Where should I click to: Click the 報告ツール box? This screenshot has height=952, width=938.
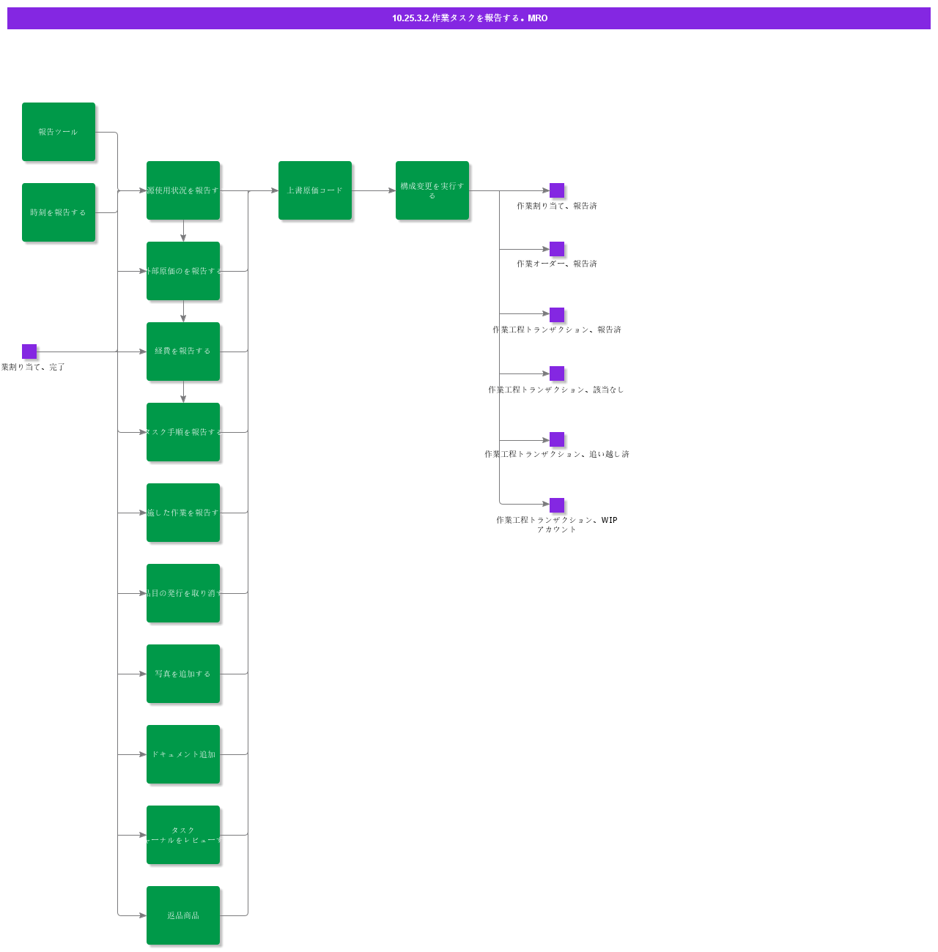[x=59, y=132]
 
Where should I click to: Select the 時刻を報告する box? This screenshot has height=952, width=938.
[x=59, y=212]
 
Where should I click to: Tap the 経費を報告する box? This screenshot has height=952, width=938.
[x=183, y=352]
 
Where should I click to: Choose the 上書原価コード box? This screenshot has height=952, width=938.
[x=315, y=190]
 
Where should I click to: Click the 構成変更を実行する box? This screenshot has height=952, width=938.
[x=432, y=190]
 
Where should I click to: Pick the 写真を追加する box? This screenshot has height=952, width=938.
[x=183, y=674]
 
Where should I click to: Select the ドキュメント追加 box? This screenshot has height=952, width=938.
[x=183, y=754]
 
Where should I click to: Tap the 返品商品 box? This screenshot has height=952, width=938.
[x=183, y=915]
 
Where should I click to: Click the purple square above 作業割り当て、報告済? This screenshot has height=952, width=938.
[x=557, y=190]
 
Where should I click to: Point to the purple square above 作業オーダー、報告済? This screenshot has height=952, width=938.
[x=557, y=249]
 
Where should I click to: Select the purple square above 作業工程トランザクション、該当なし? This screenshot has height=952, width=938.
[x=557, y=373]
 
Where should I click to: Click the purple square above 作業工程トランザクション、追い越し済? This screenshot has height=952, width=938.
[x=557, y=439]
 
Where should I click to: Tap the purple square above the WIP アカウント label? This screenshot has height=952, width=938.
[x=557, y=505]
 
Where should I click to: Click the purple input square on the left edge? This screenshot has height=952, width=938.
[x=29, y=352]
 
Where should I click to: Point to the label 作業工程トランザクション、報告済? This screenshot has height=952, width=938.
[x=557, y=330]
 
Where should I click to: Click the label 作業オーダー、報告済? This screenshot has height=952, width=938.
[x=557, y=264]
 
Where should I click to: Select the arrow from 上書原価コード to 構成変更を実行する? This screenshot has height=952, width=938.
[x=374, y=190]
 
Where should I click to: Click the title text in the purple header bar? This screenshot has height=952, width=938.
[x=469, y=18]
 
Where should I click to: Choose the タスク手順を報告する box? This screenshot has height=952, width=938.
[x=183, y=432]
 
